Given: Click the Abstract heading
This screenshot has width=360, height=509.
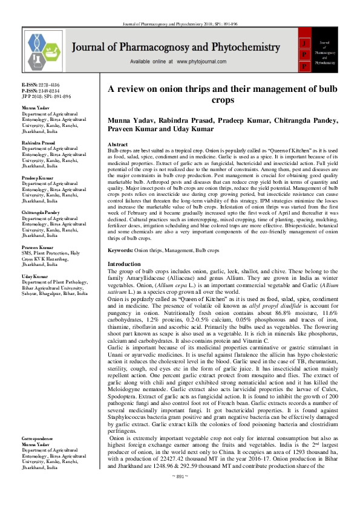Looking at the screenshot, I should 117,145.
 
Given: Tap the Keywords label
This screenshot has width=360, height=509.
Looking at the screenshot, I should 120,250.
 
